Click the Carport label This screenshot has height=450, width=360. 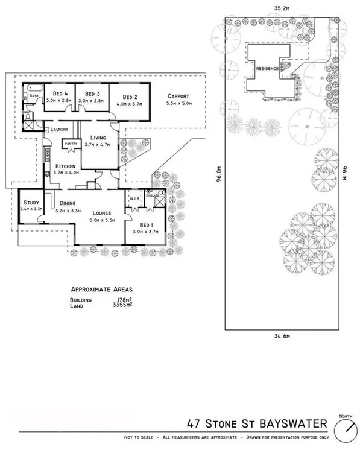tap(178, 96)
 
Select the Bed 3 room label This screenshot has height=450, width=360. tap(92, 93)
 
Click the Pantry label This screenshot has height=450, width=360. tap(71, 144)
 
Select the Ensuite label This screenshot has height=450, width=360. tap(153, 195)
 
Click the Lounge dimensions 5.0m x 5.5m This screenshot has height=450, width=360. tap(99, 221)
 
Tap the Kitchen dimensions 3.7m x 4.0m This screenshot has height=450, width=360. tap(66, 173)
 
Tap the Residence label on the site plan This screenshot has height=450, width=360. tap(267, 69)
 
